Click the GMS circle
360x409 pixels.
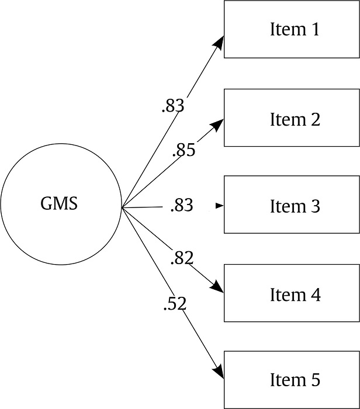60,204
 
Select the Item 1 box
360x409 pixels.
292,29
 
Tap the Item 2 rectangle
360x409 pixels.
292,117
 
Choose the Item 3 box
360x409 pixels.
292,205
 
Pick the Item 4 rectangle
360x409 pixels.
292,293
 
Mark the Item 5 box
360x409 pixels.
292,380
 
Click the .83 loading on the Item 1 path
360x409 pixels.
172,106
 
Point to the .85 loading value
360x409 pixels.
184,151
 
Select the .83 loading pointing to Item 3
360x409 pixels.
181,206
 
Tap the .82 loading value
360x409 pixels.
181,257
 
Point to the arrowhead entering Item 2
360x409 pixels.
217,124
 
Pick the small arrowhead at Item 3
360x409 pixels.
220,206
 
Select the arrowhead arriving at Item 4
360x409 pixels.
217,287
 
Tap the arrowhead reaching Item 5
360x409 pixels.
219,371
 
